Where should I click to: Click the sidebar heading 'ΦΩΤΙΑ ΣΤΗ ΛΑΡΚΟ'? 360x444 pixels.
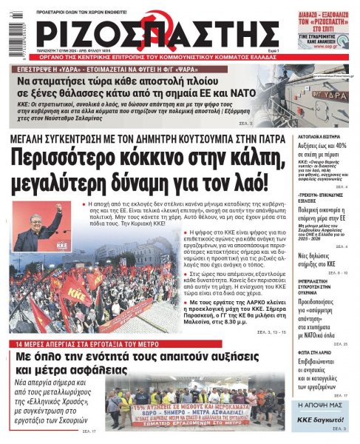point(312,352)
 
